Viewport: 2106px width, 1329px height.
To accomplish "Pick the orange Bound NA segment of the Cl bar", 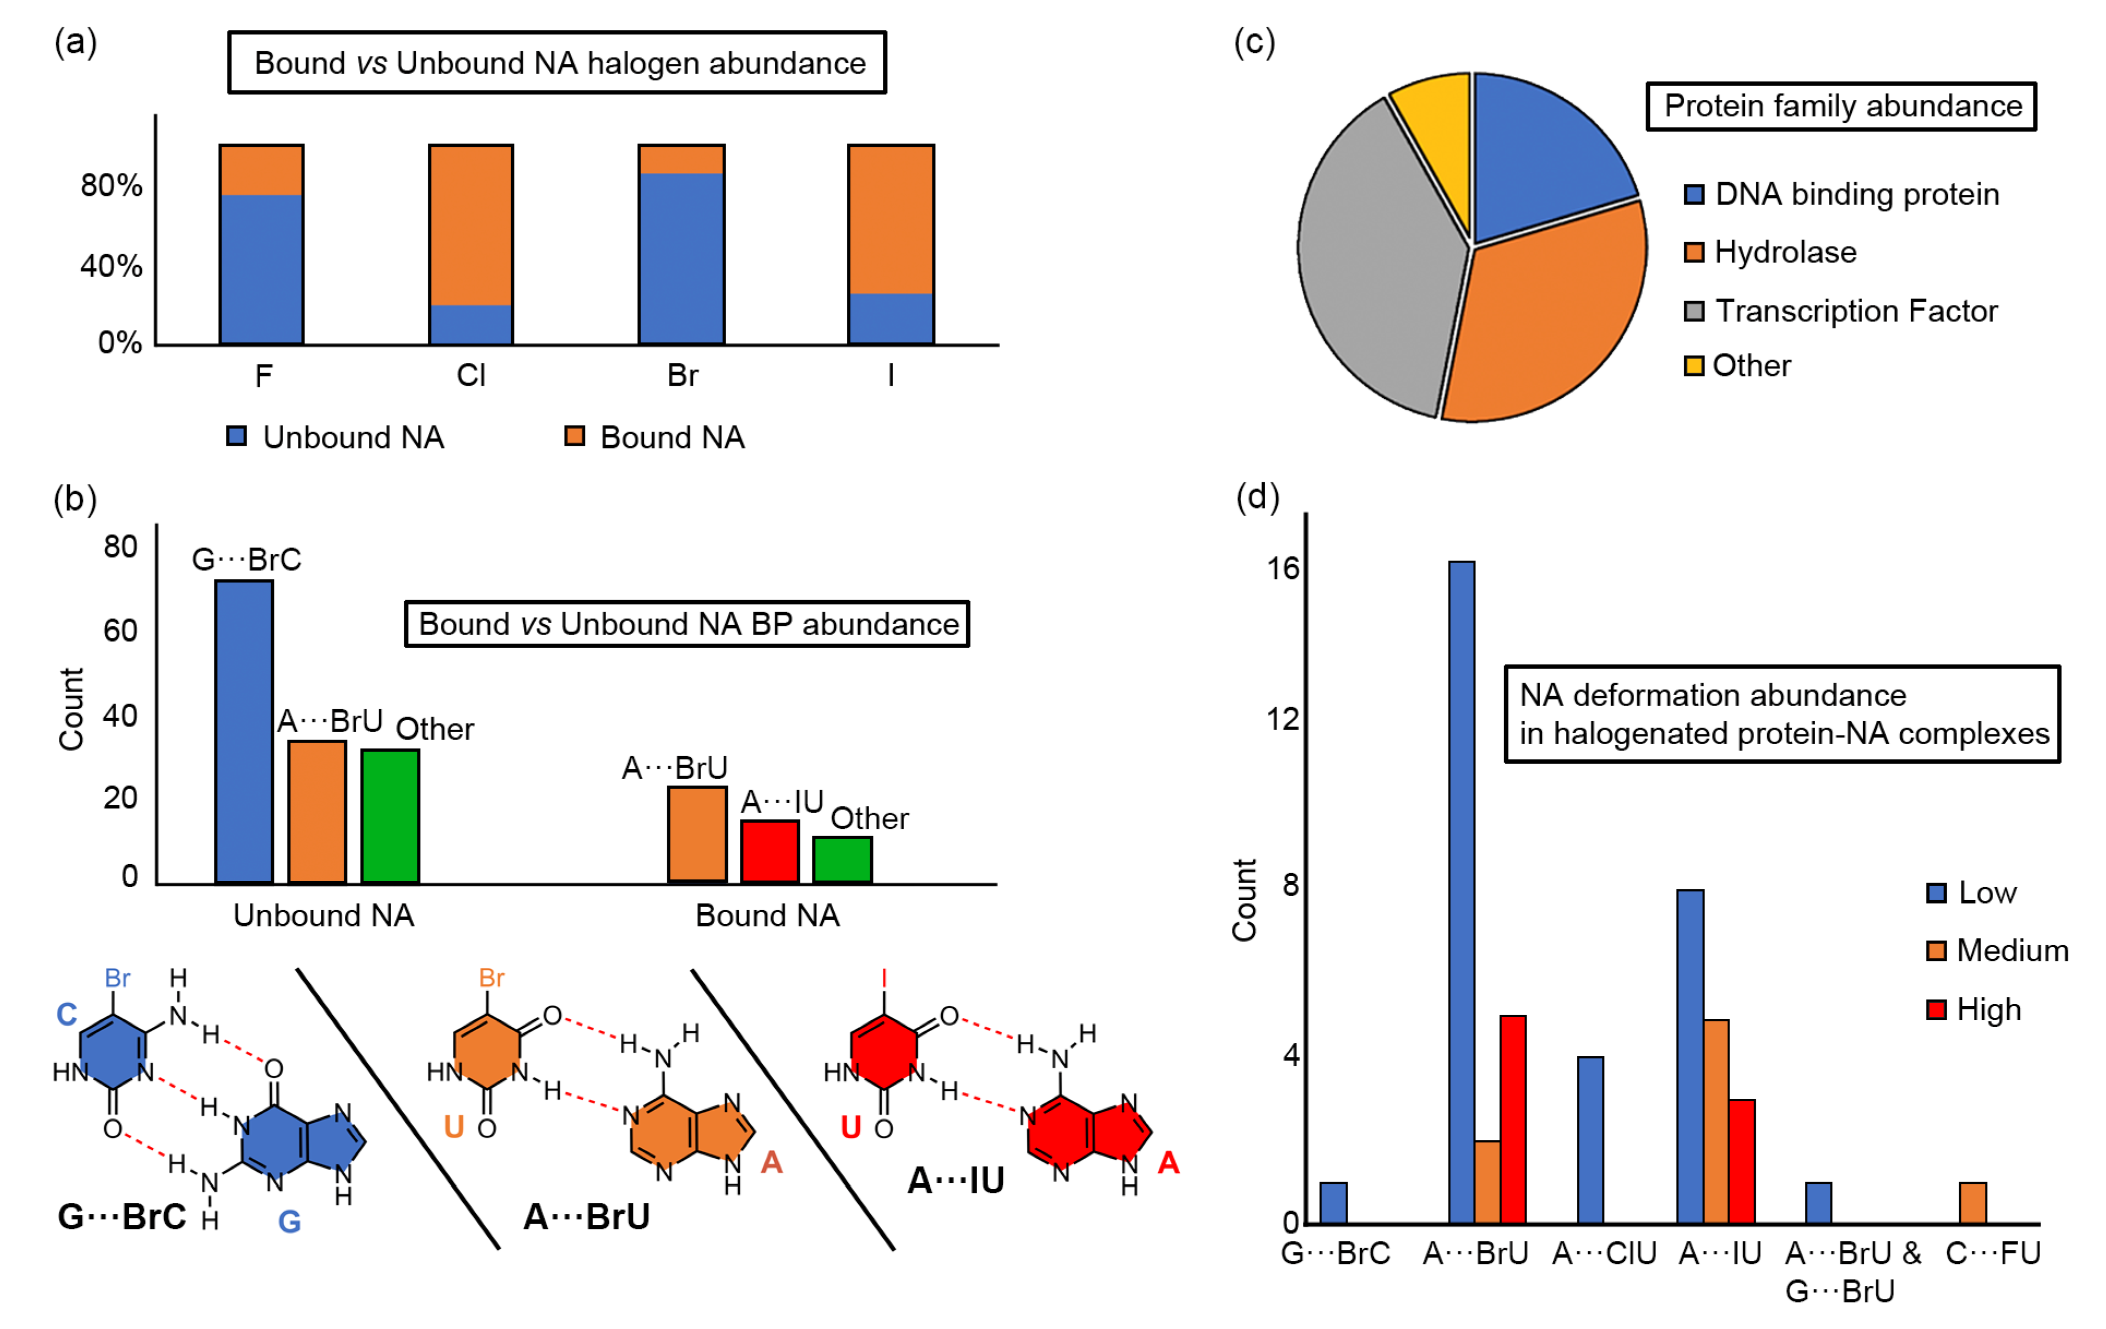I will [470, 225].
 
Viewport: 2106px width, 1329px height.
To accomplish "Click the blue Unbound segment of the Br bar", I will [681, 258].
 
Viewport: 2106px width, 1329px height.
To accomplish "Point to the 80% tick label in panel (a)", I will [111, 185].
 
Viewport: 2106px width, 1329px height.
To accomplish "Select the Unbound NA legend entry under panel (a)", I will [337, 437].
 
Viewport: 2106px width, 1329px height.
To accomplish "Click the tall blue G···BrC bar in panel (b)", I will [244, 731].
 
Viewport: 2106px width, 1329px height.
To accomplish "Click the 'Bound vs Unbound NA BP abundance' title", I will [687, 624].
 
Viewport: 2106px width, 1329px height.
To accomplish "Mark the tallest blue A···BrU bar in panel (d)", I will [1462, 892].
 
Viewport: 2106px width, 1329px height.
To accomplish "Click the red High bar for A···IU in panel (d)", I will [1742, 1160].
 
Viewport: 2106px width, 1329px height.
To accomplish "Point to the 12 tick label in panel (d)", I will [1283, 720].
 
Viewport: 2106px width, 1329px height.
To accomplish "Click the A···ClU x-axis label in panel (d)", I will [1604, 1254].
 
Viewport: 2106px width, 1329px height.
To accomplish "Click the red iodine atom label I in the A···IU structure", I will [884, 978].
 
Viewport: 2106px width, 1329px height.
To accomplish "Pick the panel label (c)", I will [1254, 42].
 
